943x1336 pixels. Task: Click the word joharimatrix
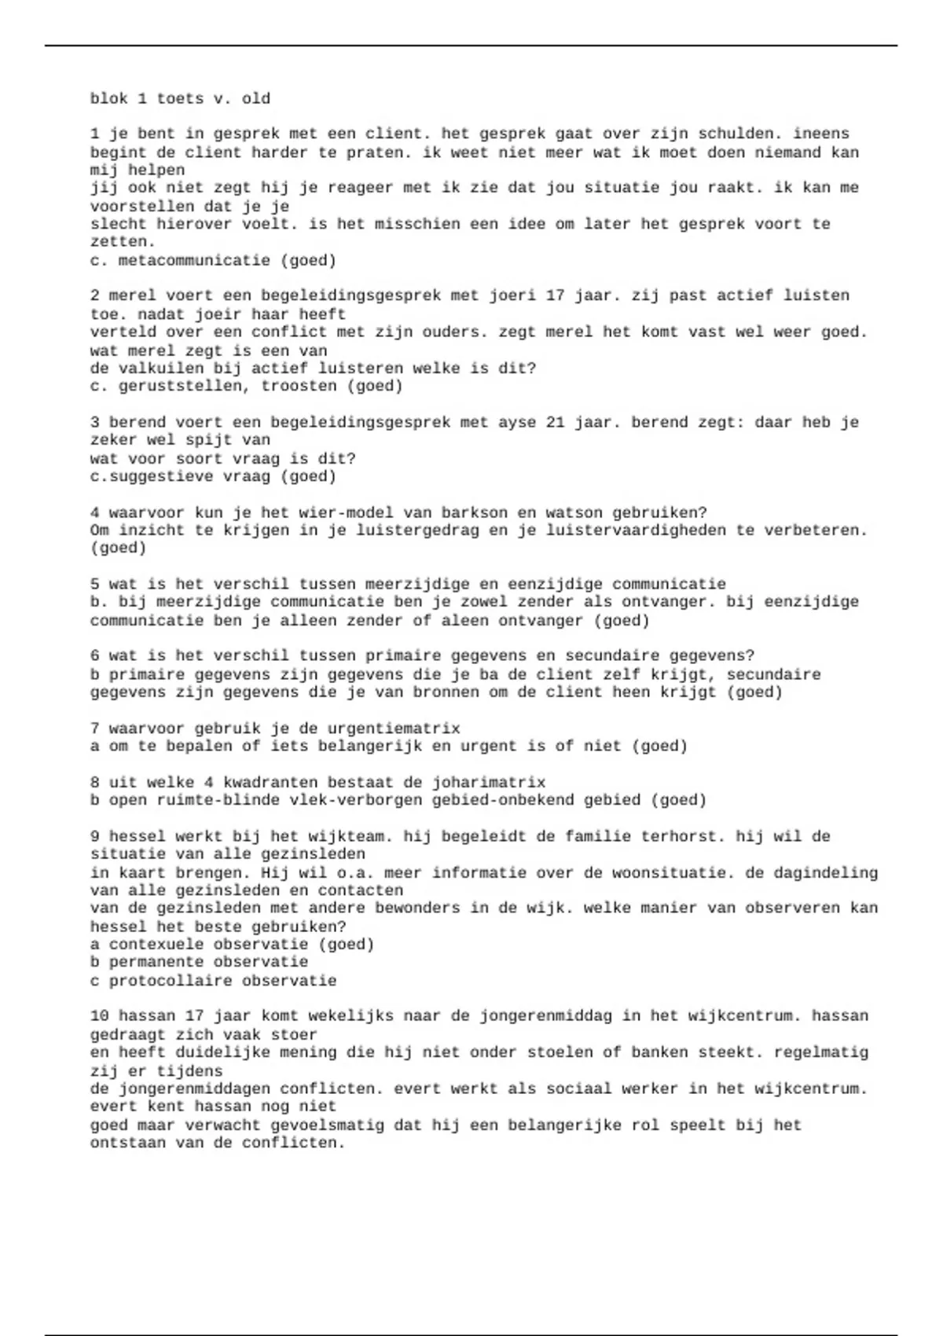(x=489, y=782)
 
